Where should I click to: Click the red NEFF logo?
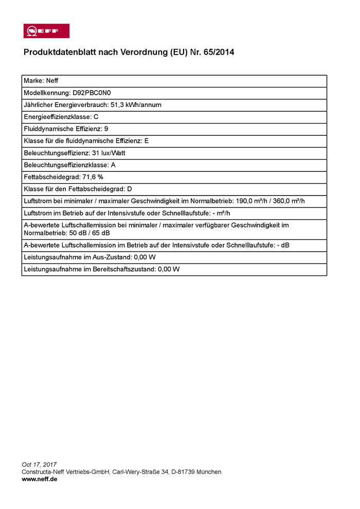coord(46,31)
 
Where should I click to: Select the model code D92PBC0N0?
coord(92,93)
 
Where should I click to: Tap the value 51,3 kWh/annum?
coord(136,105)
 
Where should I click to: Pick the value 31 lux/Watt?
coord(109,153)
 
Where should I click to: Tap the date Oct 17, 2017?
coord(39,465)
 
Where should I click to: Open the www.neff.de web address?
coord(40,479)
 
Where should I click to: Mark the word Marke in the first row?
coord(33,81)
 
